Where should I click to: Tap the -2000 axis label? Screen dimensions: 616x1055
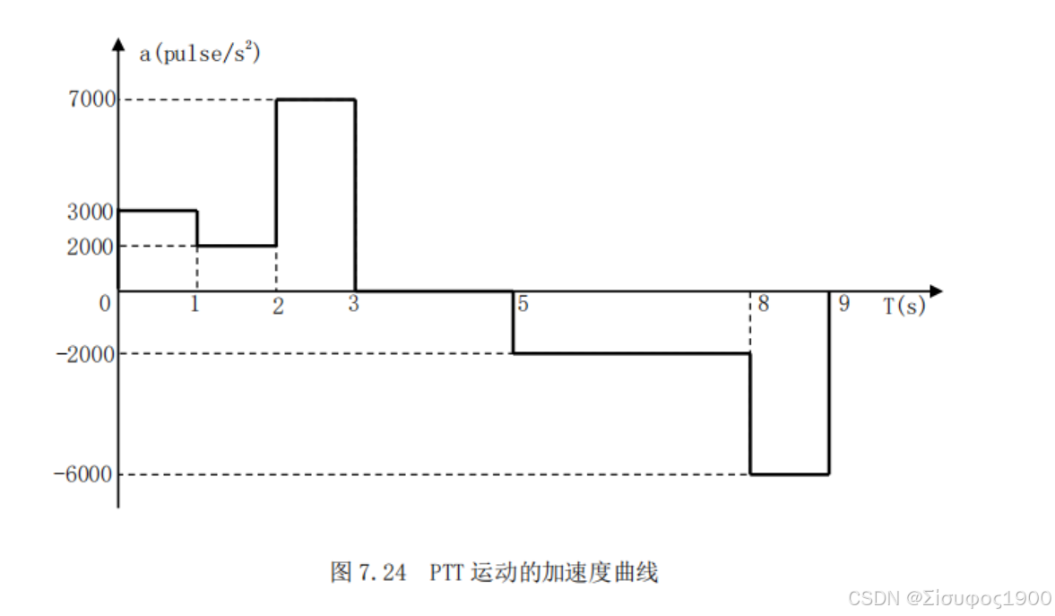(x=87, y=354)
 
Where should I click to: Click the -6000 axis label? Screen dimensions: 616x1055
(x=87, y=474)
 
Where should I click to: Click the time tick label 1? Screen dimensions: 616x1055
(x=194, y=305)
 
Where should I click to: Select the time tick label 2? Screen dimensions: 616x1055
(x=278, y=306)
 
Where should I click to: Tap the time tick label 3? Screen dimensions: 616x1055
(x=353, y=304)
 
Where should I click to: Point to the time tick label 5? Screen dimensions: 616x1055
(x=523, y=304)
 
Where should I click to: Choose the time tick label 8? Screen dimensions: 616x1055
(x=763, y=304)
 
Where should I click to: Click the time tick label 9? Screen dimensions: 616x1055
(x=843, y=304)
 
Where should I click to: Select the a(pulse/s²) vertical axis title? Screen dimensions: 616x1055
(x=199, y=53)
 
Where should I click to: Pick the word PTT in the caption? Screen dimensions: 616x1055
(x=445, y=572)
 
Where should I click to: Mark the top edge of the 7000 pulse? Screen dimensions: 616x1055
(x=316, y=100)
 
